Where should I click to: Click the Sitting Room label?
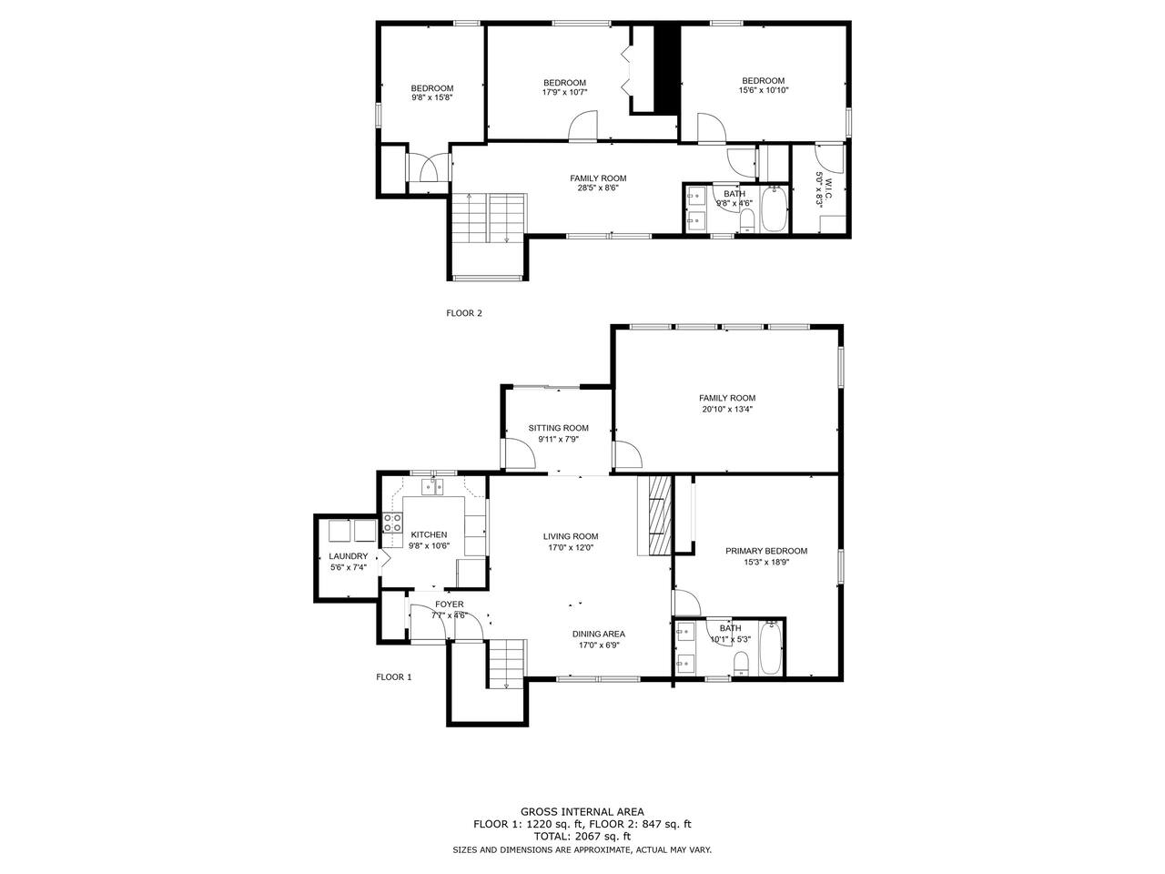[558, 428]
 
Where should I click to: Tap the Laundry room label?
[349, 556]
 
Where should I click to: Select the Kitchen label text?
[429, 534]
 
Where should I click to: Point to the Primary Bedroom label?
[765, 551]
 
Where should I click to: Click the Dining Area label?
[598, 634]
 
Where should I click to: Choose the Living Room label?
[571, 536]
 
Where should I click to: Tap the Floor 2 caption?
[464, 313]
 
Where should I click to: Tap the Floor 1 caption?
[394, 676]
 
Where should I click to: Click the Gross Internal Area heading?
[582, 811]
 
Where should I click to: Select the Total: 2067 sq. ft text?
[582, 837]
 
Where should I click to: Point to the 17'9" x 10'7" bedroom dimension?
[564, 92]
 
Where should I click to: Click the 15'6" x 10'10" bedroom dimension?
[764, 90]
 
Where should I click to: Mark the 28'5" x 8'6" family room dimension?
[598, 188]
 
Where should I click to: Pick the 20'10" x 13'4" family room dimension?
[727, 409]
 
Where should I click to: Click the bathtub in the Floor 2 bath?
[774, 208]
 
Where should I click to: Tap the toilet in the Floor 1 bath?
[740, 664]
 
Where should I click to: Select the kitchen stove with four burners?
[392, 523]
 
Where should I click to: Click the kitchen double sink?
[432, 486]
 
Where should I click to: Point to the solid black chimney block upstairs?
[666, 69]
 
